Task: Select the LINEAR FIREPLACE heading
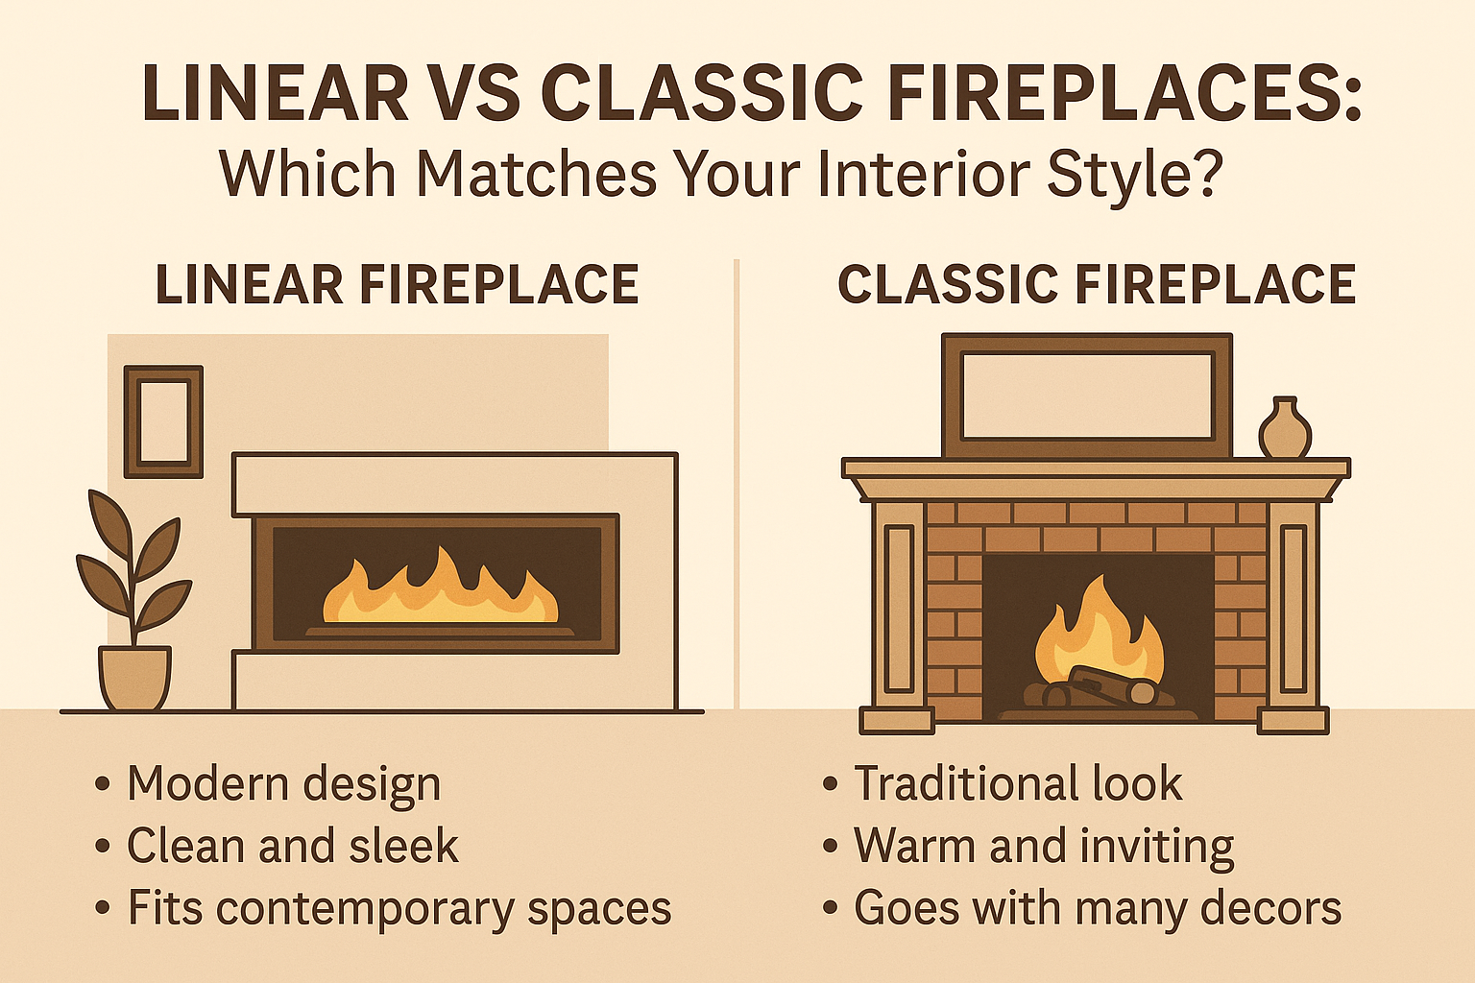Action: point(398,285)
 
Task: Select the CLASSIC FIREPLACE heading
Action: point(1097,285)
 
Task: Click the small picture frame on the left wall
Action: point(163,420)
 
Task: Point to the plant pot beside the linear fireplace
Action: point(134,678)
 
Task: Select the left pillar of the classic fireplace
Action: point(899,614)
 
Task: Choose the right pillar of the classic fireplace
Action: point(1294,614)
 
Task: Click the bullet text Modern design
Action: point(283,784)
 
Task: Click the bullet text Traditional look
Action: point(1018,784)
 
